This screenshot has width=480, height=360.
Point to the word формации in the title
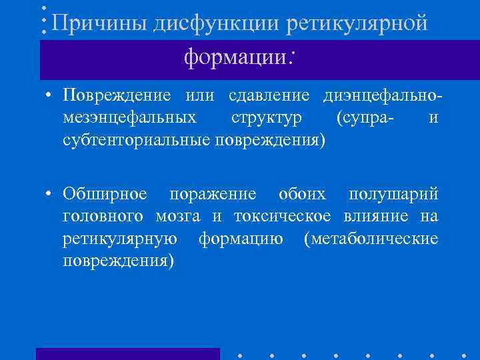(x=234, y=58)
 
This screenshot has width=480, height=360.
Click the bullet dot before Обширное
(x=50, y=195)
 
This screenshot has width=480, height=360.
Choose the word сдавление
(x=269, y=95)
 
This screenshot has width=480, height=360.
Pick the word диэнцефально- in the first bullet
(x=382, y=95)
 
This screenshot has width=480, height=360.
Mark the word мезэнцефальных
(x=129, y=118)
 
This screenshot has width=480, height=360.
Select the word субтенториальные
(x=136, y=141)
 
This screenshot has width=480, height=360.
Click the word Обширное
(x=105, y=194)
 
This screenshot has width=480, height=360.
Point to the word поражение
(x=212, y=194)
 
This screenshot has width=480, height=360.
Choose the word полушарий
(x=393, y=194)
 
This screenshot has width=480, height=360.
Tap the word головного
(x=105, y=217)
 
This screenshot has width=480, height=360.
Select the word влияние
(x=377, y=217)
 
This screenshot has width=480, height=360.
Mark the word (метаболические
(x=371, y=239)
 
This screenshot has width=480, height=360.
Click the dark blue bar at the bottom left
(x=127, y=353)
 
